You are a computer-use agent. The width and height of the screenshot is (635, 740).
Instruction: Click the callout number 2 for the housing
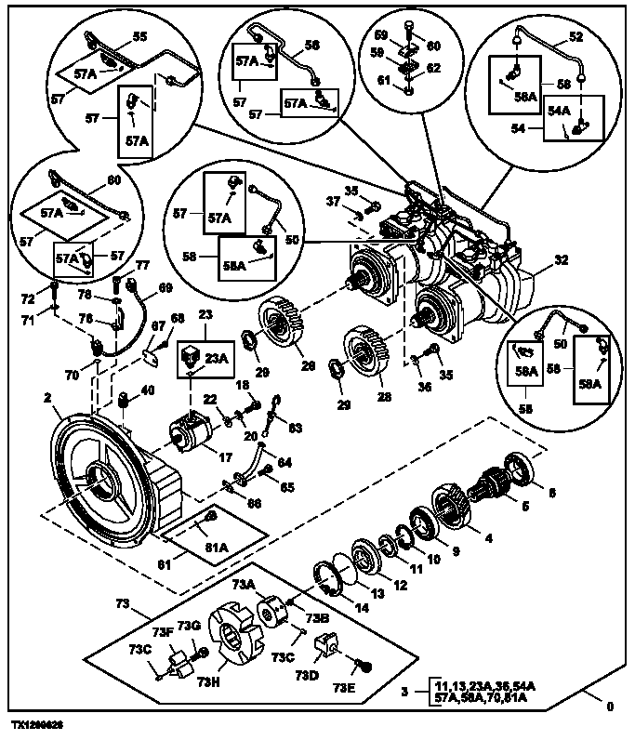click(46, 398)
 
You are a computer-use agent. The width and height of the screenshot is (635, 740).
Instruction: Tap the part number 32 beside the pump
click(560, 261)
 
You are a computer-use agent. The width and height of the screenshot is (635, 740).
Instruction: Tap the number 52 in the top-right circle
click(575, 38)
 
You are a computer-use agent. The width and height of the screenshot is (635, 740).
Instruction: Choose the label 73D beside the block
click(311, 673)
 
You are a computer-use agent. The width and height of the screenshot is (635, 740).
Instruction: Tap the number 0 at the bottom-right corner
click(610, 707)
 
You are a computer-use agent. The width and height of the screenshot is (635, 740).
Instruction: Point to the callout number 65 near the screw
click(288, 486)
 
